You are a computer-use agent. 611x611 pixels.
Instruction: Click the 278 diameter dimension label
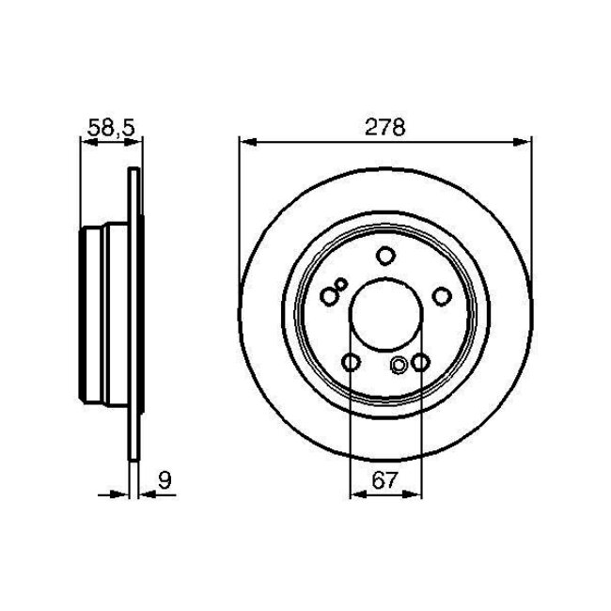[x=385, y=129]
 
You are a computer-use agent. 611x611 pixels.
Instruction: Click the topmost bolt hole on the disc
[x=384, y=254]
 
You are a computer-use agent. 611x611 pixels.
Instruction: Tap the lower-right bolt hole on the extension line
[x=420, y=363]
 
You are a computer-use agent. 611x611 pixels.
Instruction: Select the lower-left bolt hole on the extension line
[x=351, y=363]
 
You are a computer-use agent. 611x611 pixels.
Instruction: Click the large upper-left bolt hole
[x=328, y=296]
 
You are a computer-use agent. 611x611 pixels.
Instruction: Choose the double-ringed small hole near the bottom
[x=399, y=366]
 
